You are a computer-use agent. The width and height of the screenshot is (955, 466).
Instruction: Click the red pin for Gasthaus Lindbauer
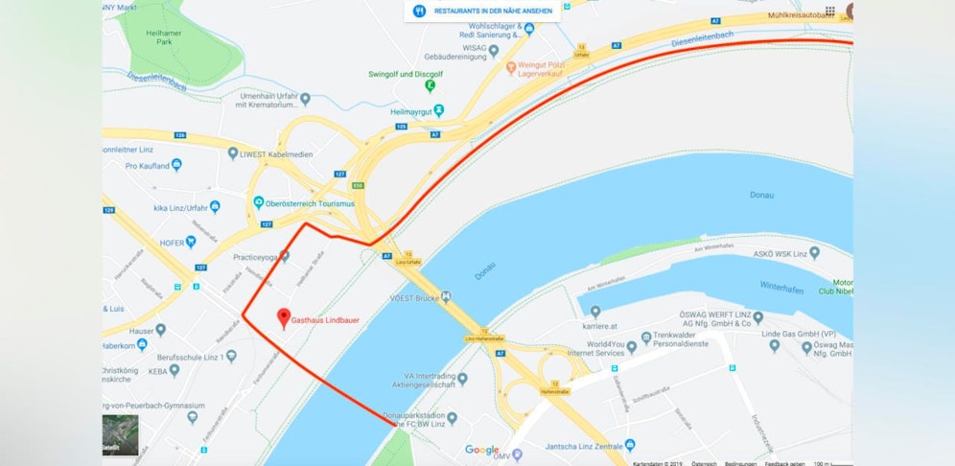[283, 317]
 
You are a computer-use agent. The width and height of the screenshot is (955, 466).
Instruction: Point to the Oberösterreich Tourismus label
[311, 203]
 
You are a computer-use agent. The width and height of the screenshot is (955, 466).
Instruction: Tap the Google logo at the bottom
[482, 450]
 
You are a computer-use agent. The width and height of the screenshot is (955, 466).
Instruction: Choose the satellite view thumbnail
[121, 434]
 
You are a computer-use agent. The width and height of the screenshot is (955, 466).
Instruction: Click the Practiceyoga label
[255, 257]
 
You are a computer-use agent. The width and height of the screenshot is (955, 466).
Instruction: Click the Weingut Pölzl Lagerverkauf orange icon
[511, 67]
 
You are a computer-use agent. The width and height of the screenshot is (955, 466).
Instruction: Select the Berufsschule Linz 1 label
[200, 357]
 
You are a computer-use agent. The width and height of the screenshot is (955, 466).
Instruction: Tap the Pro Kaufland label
[147, 166]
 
